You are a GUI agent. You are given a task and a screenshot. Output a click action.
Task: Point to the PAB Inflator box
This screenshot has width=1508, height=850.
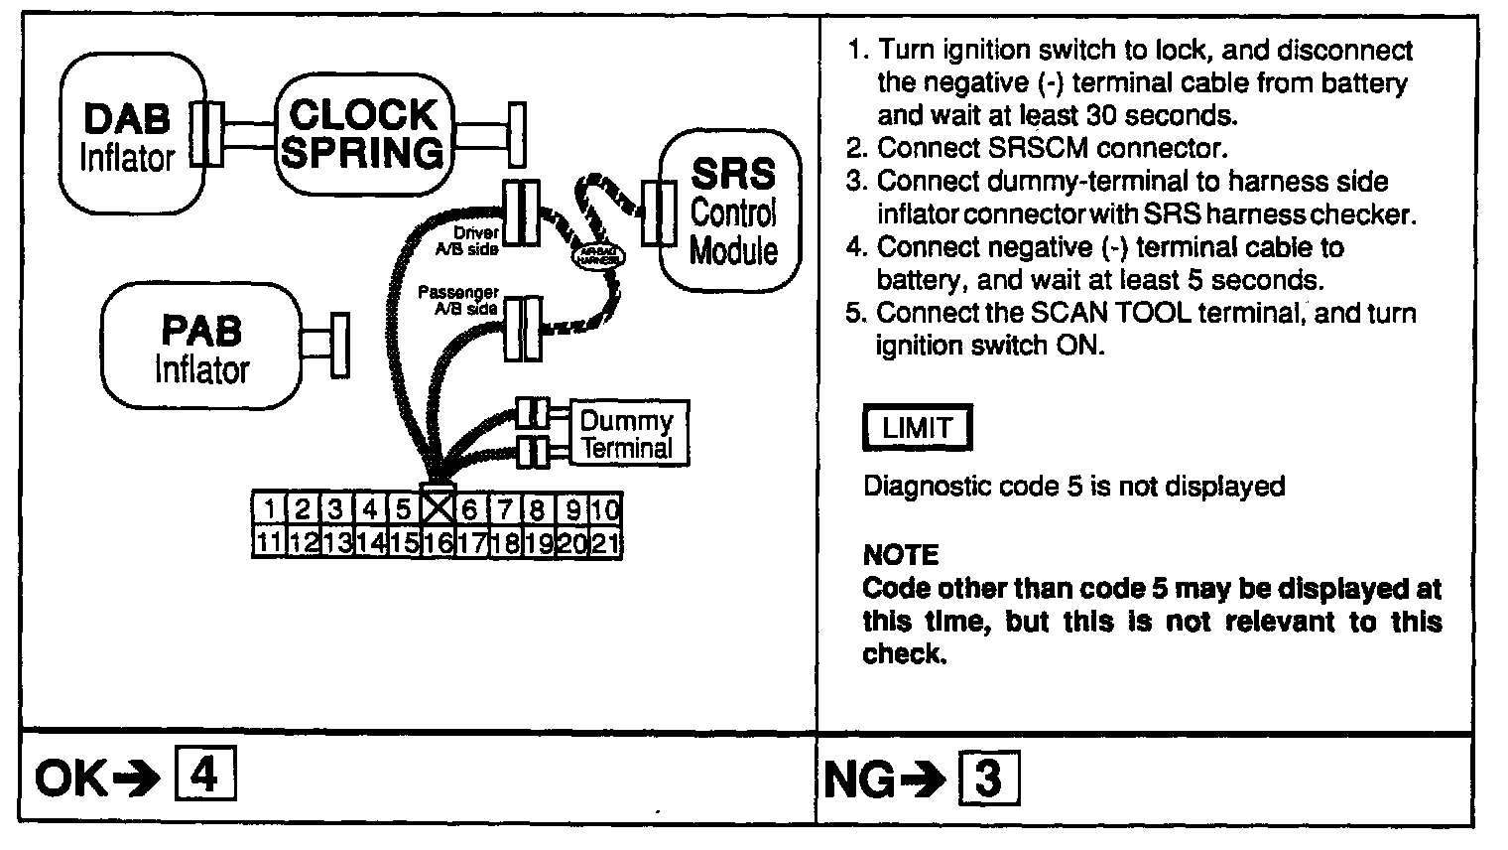[202, 346]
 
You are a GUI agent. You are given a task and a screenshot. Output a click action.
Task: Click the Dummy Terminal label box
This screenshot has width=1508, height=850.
[627, 434]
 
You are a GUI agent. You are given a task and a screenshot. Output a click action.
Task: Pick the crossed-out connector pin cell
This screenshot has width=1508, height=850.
[438, 508]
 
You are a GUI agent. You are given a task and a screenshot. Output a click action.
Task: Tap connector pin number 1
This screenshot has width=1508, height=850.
[270, 509]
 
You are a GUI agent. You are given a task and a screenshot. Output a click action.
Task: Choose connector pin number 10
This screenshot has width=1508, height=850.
[604, 509]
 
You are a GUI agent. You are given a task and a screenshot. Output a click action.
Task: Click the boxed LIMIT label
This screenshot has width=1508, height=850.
[917, 429]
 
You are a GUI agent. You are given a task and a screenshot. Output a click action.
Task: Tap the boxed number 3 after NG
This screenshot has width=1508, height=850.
[988, 779]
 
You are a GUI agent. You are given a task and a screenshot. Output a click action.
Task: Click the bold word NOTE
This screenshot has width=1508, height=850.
[901, 554]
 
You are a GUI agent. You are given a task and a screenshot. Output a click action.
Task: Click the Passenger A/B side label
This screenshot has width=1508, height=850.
[458, 301]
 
